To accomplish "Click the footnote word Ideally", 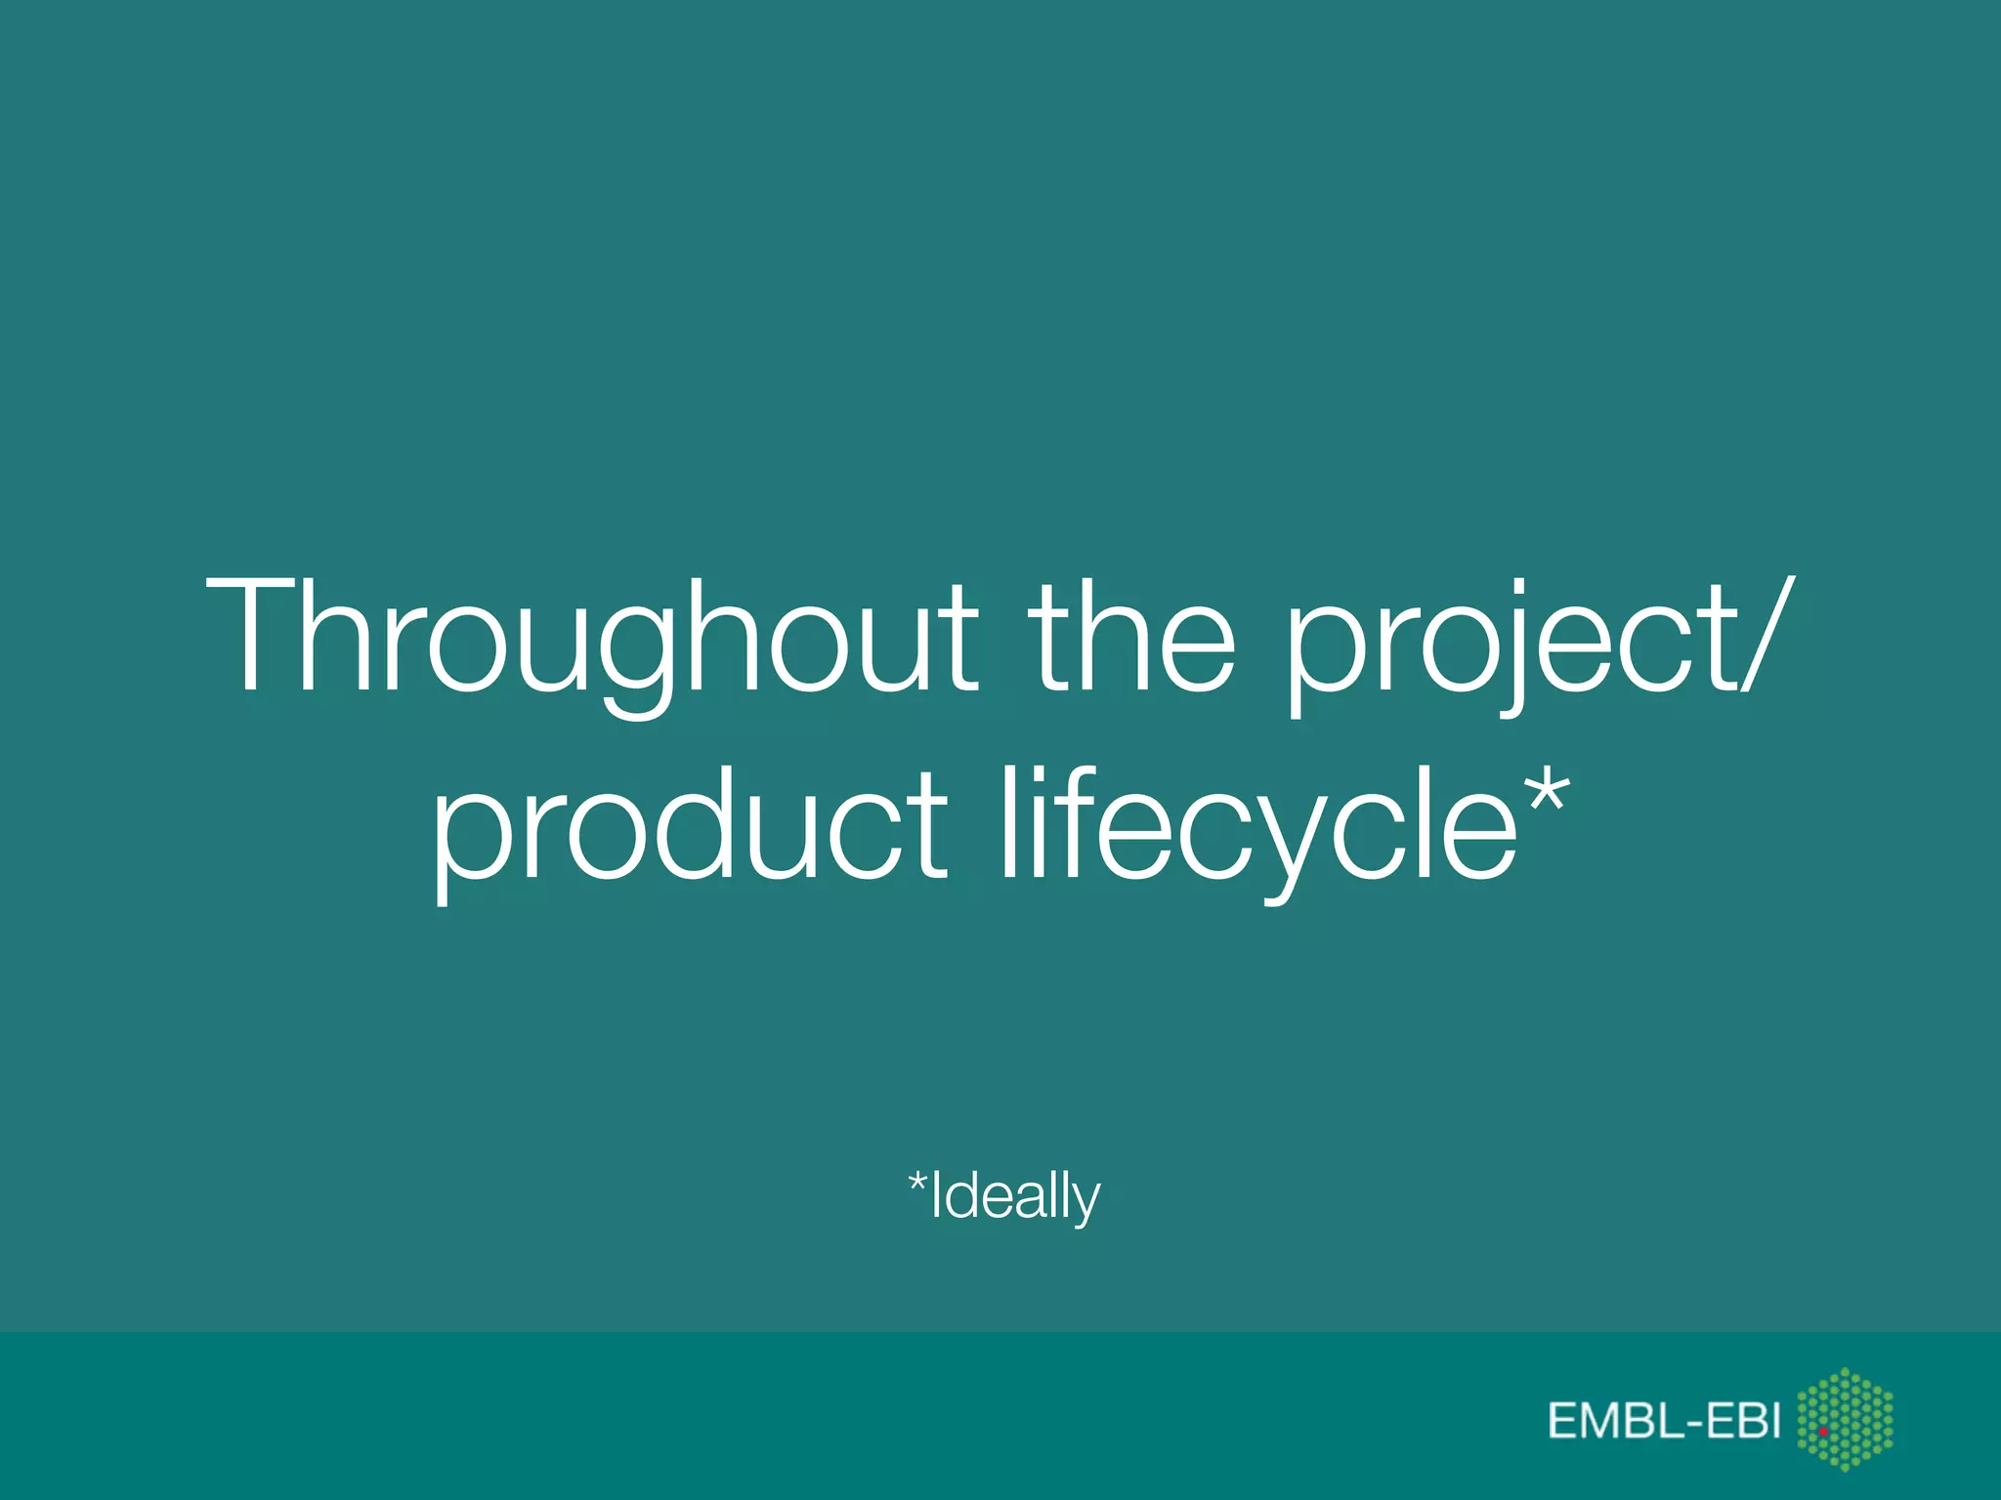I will (x=1015, y=1195).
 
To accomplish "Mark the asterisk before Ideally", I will (x=917, y=1184).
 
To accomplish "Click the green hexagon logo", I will (x=1845, y=1418).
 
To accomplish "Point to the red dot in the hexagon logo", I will (x=1823, y=1431).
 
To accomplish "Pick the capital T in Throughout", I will (x=253, y=635).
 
